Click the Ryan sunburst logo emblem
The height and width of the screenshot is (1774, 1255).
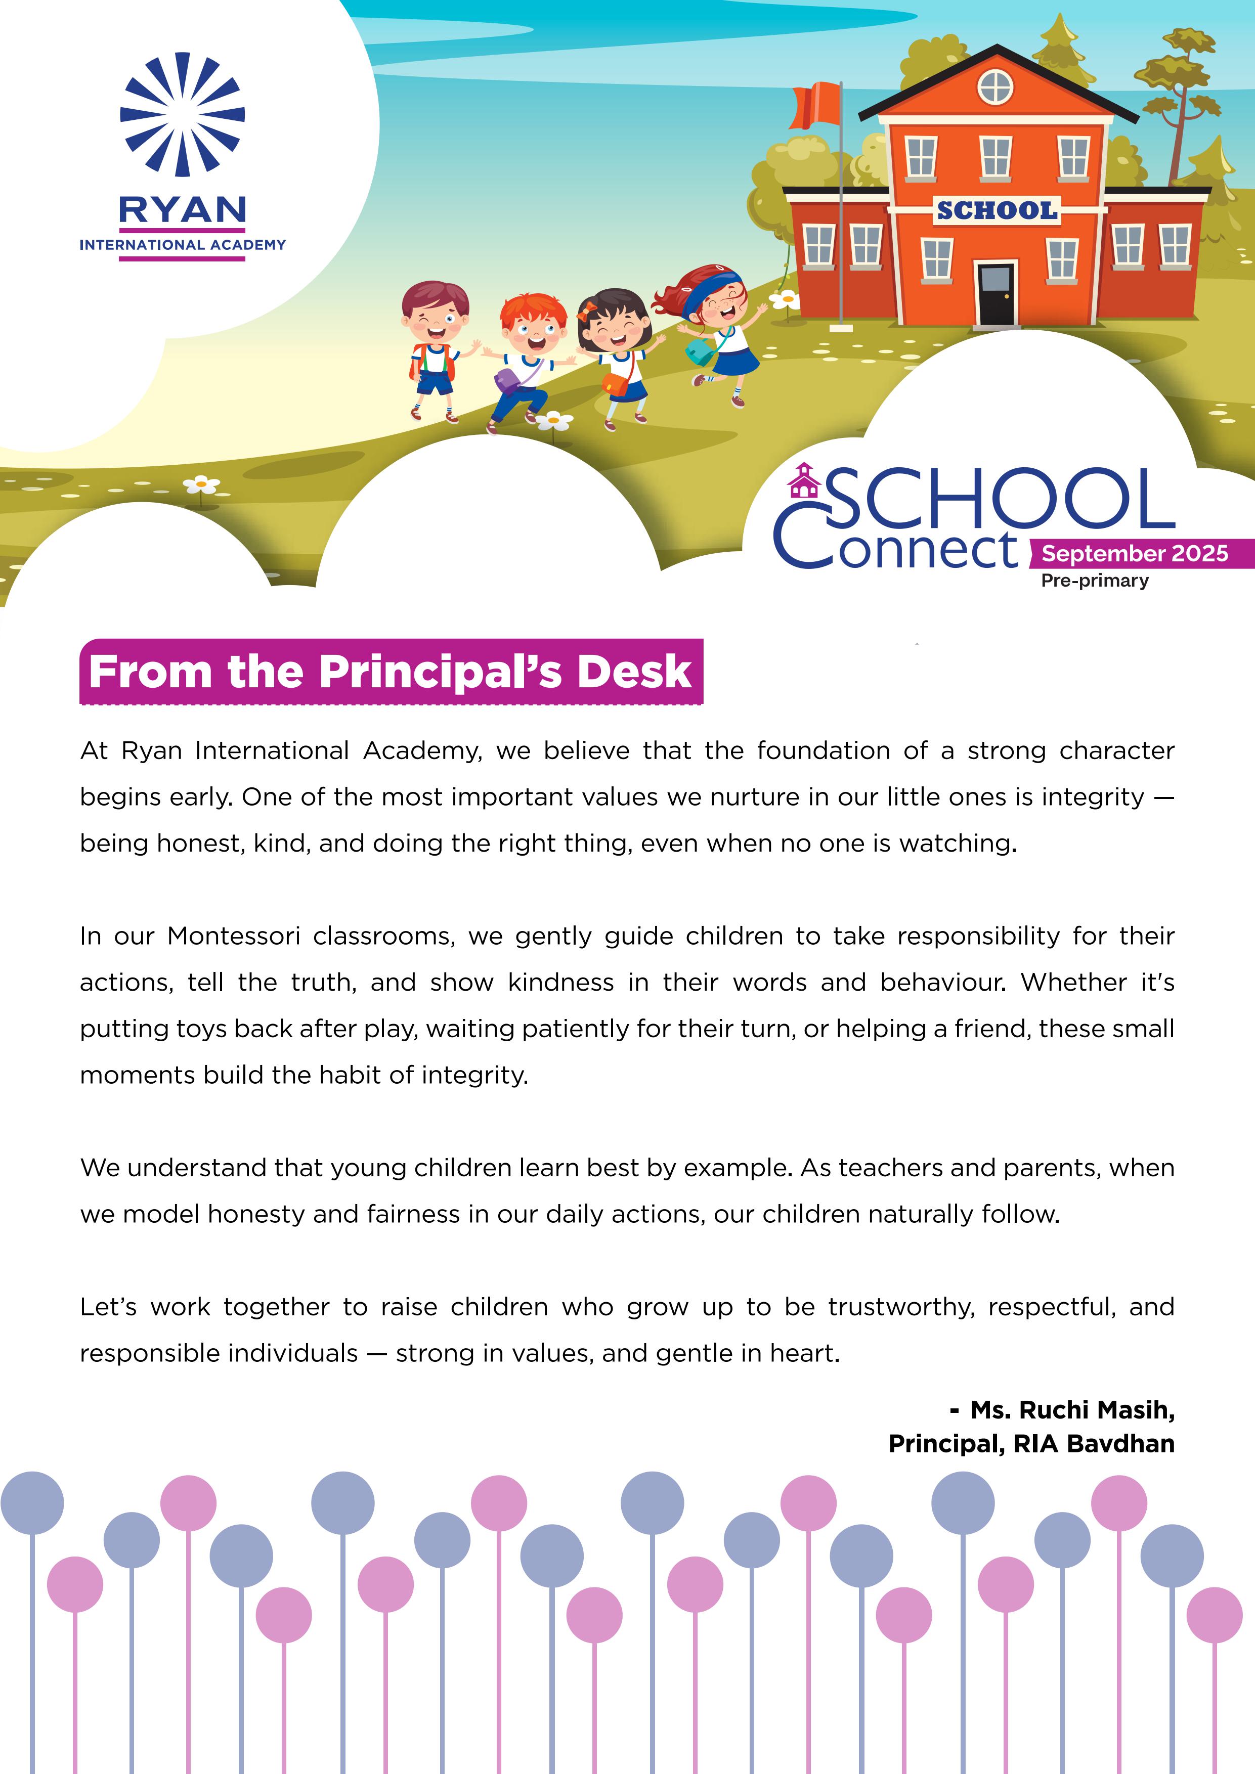183,114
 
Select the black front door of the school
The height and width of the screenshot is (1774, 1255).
996,294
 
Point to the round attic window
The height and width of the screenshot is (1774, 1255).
996,86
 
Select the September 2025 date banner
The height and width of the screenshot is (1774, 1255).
1135,553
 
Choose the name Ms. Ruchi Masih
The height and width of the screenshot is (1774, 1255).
1072,1410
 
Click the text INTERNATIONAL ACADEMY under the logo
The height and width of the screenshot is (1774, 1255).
183,245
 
